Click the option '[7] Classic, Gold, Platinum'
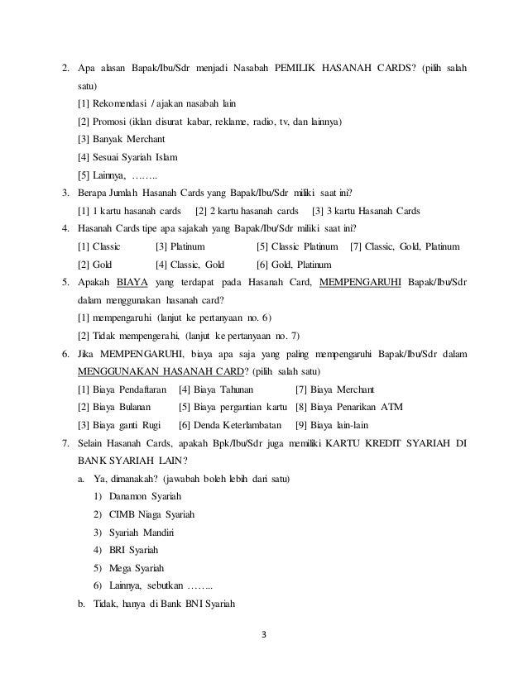pyautogui.click(x=406, y=246)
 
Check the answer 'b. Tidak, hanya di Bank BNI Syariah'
pyautogui.click(x=156, y=603)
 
